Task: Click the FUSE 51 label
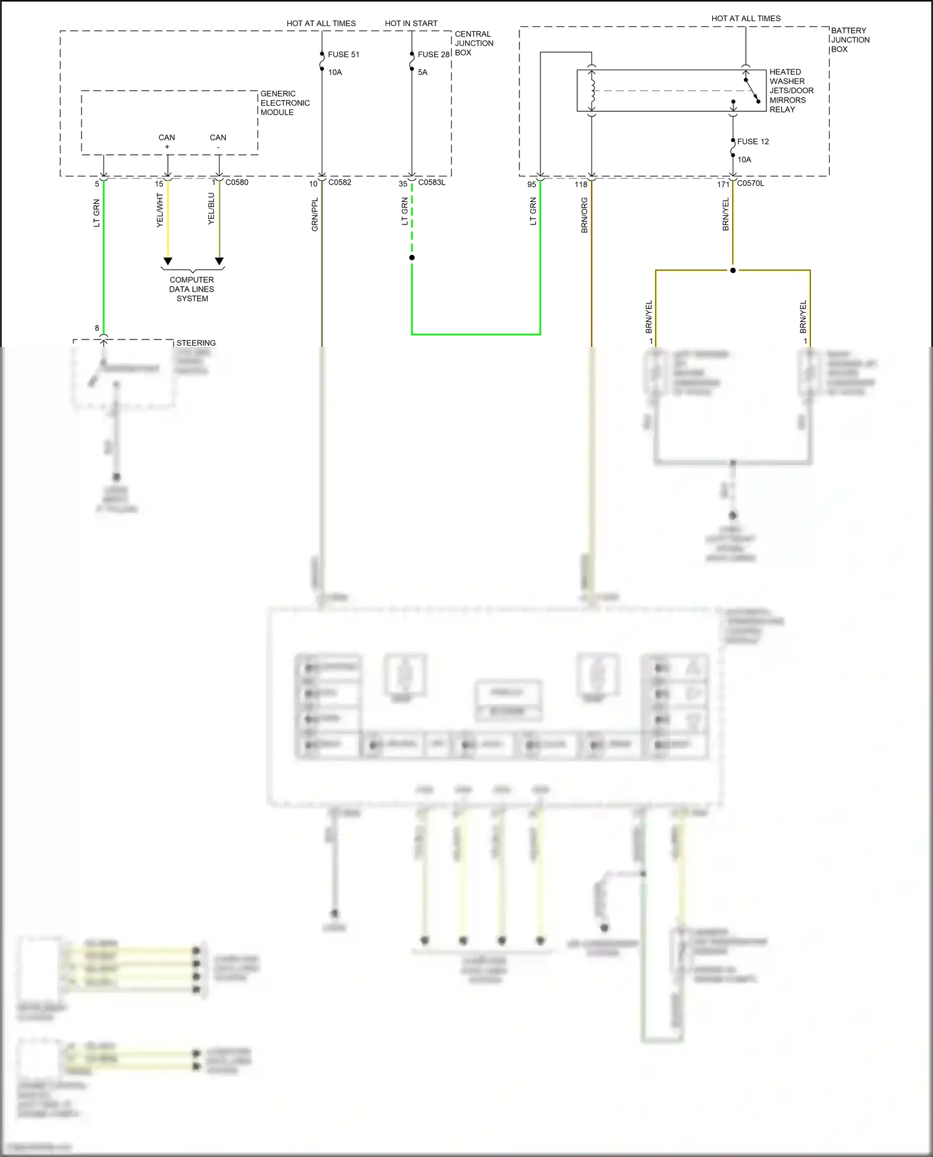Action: pos(343,55)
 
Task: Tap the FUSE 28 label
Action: pos(434,55)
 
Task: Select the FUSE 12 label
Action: pos(753,142)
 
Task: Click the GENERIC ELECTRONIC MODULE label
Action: pos(285,103)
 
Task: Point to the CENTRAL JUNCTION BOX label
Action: pos(474,44)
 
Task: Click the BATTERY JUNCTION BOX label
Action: pos(850,40)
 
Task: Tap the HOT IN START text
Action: pos(411,24)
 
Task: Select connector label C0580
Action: pos(236,183)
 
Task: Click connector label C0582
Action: pos(340,183)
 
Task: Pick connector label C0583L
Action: pos(432,183)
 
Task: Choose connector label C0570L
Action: pos(750,183)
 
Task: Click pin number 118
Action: pos(581,185)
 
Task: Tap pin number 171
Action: pos(723,185)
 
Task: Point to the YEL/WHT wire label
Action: pos(160,210)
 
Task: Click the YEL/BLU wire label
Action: pos(211,209)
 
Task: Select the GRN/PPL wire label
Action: pos(315,215)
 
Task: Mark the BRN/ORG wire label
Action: pos(584,216)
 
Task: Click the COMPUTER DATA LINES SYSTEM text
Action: pos(192,289)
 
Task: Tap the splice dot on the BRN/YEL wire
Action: pos(733,270)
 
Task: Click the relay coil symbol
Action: pos(592,91)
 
